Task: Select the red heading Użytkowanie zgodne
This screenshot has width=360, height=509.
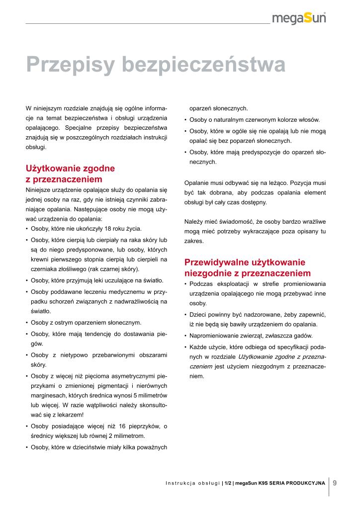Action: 70,169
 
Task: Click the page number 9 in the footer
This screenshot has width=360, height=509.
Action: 335,482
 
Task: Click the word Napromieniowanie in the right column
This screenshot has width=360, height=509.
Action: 214,336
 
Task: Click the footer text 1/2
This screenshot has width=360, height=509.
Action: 228,483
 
